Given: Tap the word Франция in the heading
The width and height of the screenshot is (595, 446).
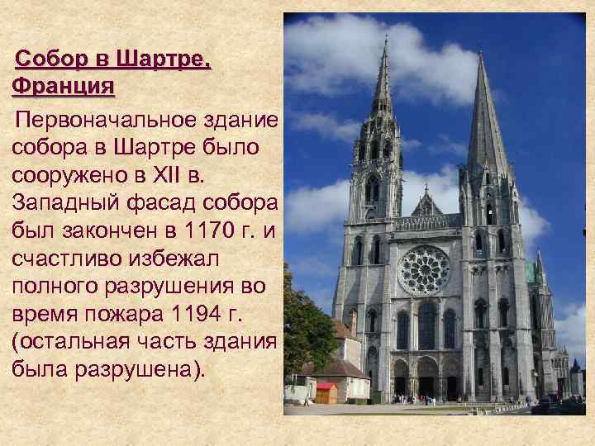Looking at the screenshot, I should click(64, 87).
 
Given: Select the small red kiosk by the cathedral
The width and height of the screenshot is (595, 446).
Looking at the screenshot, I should click(326, 391).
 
